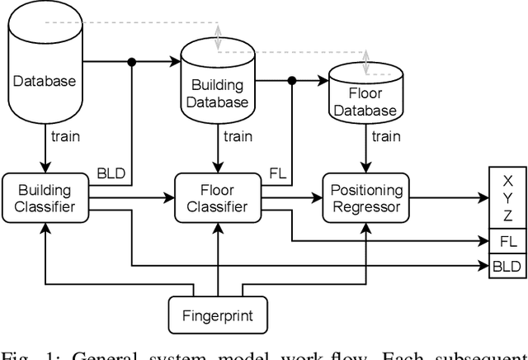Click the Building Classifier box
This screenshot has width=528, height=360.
click(45, 198)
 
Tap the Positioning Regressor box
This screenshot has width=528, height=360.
click(365, 198)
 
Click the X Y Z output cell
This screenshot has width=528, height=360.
click(507, 198)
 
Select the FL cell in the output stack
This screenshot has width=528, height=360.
click(507, 243)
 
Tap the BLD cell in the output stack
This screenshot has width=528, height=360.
click(507, 267)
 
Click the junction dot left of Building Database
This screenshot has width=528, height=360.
click(132, 60)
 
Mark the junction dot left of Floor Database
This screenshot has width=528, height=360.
click(292, 81)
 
